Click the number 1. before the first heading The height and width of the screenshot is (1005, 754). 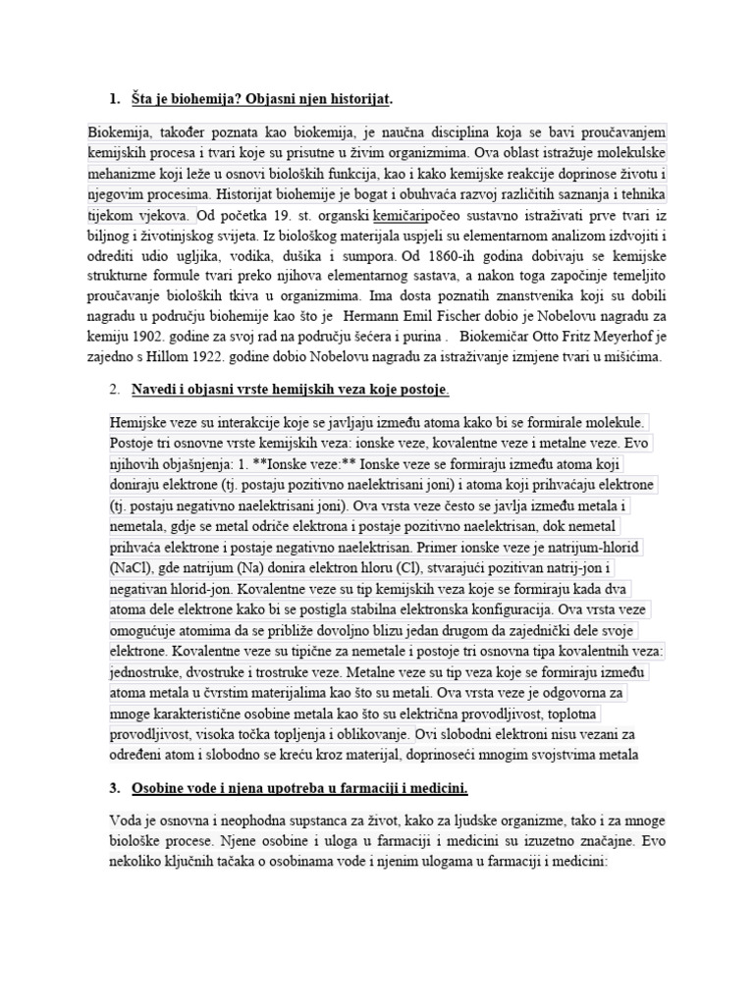(x=115, y=98)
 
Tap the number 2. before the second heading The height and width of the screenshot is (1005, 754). (x=115, y=391)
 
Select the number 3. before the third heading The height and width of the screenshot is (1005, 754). (x=115, y=788)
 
